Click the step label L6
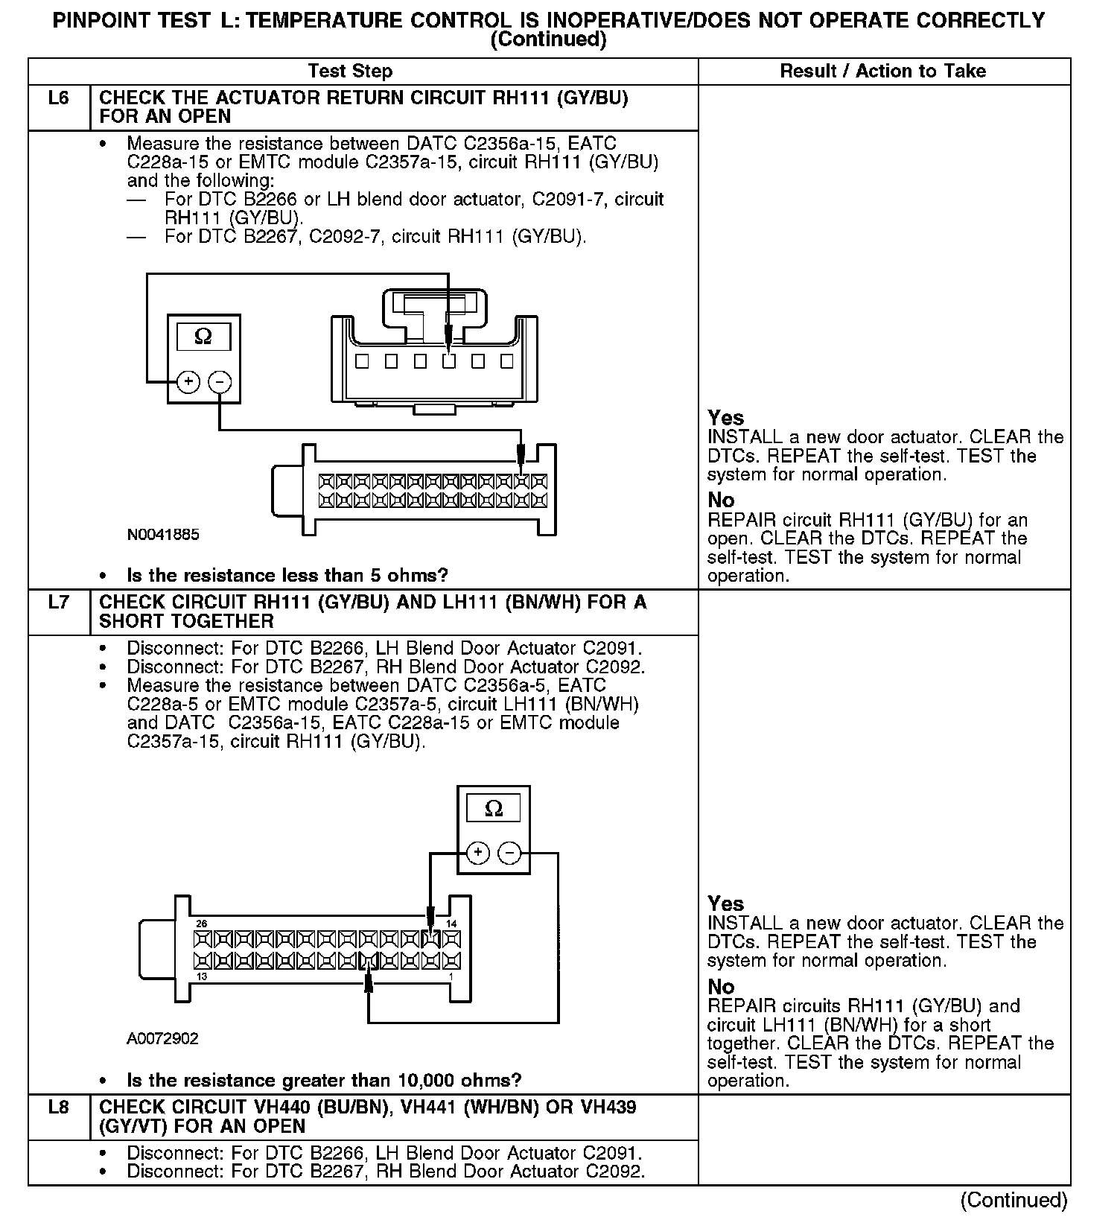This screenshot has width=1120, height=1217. [58, 98]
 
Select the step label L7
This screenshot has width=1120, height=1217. [58, 603]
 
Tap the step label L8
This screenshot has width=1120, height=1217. [58, 1108]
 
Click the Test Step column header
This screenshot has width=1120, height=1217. [350, 72]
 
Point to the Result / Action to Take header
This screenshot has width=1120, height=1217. [882, 72]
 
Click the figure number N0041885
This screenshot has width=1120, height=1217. [163, 535]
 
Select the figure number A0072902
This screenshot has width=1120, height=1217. [162, 1038]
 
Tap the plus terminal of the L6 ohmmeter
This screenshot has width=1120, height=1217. [188, 382]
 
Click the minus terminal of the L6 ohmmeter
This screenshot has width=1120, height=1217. [219, 382]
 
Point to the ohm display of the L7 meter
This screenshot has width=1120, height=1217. [493, 809]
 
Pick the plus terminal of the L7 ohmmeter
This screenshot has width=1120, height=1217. [478, 853]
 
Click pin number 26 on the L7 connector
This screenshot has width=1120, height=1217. [201, 924]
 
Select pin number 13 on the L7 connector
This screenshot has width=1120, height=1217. [201, 976]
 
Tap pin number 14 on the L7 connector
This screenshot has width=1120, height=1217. [451, 924]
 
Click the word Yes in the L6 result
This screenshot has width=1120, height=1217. [725, 418]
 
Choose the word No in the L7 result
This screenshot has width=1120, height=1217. [721, 987]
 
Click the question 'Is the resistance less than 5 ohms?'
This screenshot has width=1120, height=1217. [287, 576]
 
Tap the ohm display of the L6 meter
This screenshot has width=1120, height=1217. [203, 337]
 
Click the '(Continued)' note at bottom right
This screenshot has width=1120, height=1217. [1014, 1200]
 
